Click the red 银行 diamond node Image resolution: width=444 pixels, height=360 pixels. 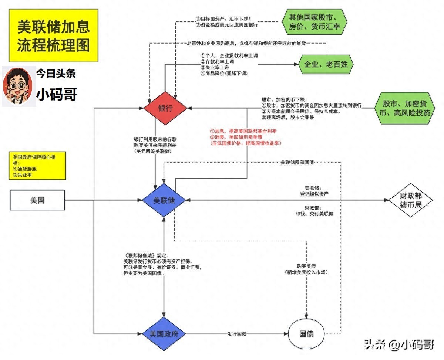point(165,108)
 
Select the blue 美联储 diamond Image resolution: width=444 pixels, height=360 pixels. point(164,200)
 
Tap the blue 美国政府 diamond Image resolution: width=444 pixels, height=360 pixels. point(164,334)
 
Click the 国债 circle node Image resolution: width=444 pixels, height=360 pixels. point(306,334)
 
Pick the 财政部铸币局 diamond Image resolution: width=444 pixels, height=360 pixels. point(411,200)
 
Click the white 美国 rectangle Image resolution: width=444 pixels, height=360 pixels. point(37,200)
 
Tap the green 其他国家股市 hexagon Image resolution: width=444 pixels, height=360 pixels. point(315,22)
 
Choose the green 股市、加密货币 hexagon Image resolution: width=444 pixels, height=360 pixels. point(404,108)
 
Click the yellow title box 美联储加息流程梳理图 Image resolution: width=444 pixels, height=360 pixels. point(54,35)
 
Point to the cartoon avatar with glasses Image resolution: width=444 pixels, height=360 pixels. point(18,87)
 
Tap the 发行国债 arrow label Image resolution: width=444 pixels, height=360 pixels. point(237,334)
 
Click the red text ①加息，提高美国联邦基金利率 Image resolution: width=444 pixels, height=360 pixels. point(243,131)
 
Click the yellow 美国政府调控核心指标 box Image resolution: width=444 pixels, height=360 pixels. point(37,165)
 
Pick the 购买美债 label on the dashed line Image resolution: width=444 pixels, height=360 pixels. point(306,266)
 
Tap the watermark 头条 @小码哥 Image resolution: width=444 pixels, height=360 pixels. point(399,344)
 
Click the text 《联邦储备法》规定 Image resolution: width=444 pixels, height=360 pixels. point(145,255)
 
